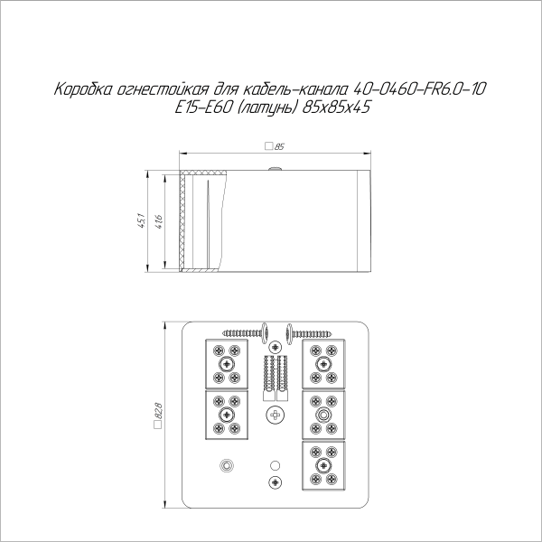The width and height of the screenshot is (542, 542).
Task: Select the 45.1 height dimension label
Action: click(141, 220)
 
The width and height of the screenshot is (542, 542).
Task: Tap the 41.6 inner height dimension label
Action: click(159, 220)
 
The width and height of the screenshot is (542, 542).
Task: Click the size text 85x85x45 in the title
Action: click(338, 107)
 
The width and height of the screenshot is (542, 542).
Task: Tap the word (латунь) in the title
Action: click(266, 107)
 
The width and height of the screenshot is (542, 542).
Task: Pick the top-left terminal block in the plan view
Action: click(226, 362)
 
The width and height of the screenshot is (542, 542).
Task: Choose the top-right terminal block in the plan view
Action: click(322, 362)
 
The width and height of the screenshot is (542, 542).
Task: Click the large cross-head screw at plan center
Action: click(275, 415)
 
